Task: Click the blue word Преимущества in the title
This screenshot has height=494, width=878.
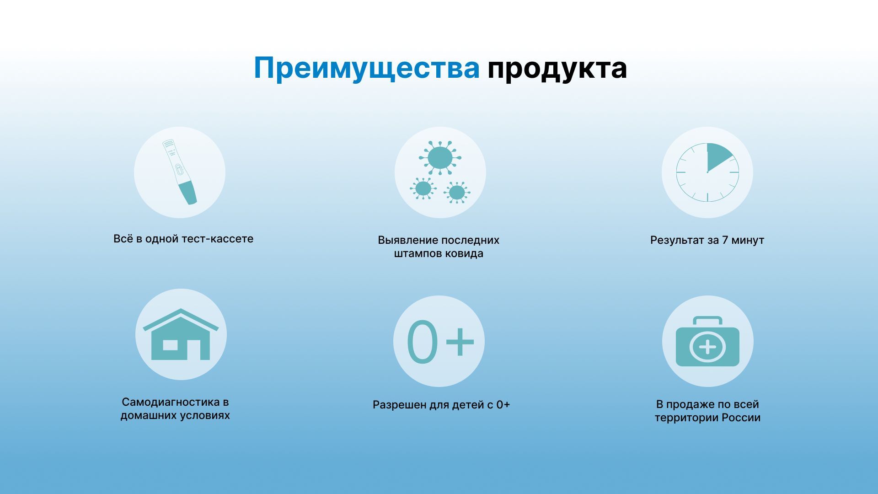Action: (x=366, y=69)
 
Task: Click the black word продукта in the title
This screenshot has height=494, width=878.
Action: (x=557, y=69)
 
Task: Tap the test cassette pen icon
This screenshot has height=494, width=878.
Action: (x=180, y=172)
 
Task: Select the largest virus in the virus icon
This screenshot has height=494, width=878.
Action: (x=440, y=158)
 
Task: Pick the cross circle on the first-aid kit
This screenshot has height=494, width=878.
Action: (x=707, y=347)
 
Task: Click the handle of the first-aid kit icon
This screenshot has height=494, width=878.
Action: (x=707, y=320)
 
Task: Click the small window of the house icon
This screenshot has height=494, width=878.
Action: (x=170, y=345)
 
